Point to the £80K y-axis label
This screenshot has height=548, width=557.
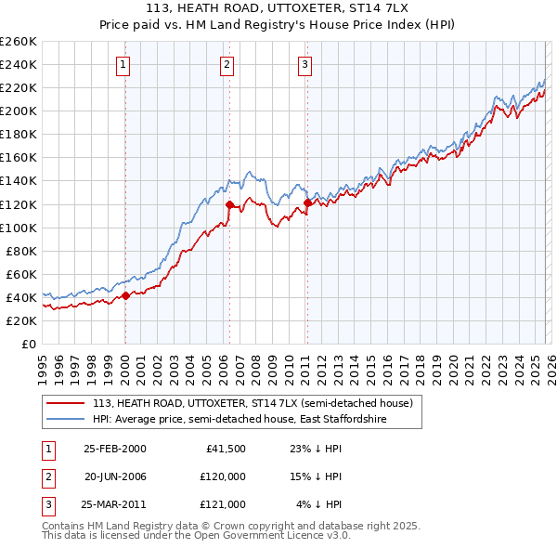coord(19,251)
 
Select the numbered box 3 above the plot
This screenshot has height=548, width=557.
coord(305,64)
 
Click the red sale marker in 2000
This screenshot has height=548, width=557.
coord(125,297)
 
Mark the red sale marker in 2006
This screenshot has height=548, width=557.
coord(229,204)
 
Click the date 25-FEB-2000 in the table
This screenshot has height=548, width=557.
coord(114,449)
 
